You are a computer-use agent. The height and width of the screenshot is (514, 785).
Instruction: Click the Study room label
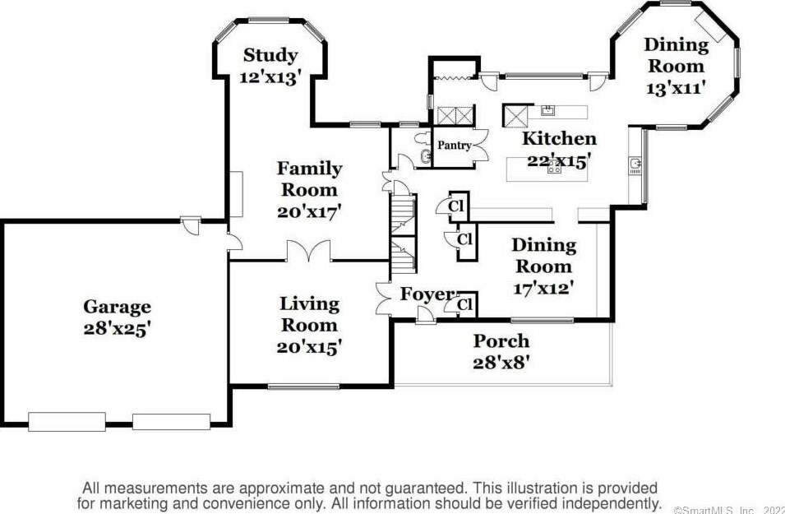tap(270, 55)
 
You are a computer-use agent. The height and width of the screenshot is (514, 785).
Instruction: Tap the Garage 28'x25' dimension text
tap(118, 329)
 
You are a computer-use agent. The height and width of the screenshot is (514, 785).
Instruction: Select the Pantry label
tap(455, 146)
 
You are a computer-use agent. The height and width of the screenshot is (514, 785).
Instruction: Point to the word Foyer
tap(427, 294)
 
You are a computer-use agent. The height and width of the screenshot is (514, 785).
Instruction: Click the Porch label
tap(501, 341)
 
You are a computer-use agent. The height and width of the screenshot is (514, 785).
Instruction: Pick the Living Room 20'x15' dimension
tap(309, 347)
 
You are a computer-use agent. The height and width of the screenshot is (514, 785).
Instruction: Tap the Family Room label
tap(309, 178)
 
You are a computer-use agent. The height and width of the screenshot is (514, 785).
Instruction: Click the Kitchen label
tap(559, 139)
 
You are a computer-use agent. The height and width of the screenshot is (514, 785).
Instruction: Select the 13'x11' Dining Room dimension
tap(676, 88)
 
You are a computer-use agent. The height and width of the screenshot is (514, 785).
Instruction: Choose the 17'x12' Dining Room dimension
tap(543, 288)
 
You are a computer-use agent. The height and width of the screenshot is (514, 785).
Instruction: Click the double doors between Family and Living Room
tap(309, 251)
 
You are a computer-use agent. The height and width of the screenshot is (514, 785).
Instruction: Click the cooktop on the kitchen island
tap(554, 167)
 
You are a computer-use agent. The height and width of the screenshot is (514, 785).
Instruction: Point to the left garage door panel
tap(67, 422)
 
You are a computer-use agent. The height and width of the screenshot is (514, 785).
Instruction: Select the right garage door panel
tap(171, 422)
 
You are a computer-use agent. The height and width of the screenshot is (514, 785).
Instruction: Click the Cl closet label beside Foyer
tap(465, 304)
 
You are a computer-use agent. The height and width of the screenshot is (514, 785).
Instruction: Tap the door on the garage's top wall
tap(191, 225)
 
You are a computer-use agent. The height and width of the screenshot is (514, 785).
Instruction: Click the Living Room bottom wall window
tap(303, 387)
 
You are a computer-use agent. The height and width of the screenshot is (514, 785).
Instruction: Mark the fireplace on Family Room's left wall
tap(236, 194)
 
